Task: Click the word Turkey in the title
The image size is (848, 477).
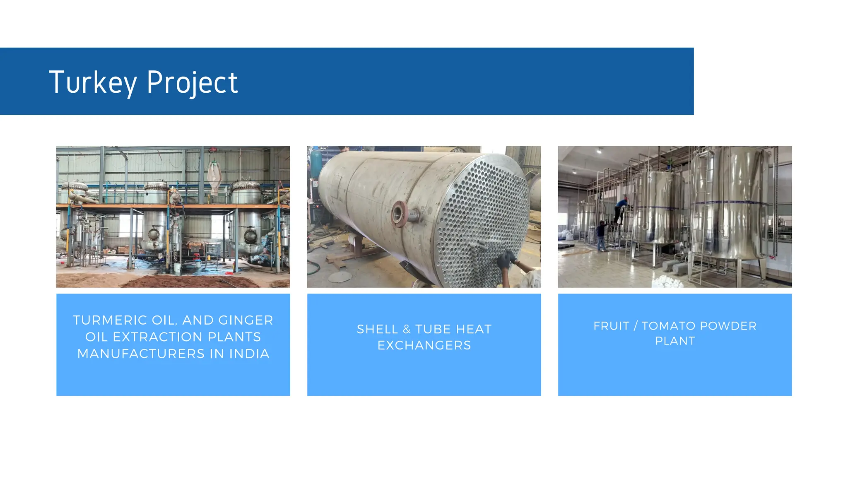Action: pyautogui.click(x=93, y=82)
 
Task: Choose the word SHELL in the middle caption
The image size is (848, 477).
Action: pyautogui.click(x=377, y=329)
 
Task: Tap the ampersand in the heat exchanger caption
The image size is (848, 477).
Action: pyautogui.click(x=407, y=329)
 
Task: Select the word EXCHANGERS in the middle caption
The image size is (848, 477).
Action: pyautogui.click(x=424, y=345)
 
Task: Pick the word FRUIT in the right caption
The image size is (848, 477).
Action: pyautogui.click(x=611, y=326)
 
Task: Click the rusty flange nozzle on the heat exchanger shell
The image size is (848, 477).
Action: pyautogui.click(x=399, y=214)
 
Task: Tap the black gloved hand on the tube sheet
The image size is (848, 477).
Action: pyautogui.click(x=506, y=260)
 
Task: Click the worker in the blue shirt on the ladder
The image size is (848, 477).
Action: pyautogui.click(x=620, y=209)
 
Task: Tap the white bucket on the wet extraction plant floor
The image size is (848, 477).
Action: pyautogui.click(x=177, y=267)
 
